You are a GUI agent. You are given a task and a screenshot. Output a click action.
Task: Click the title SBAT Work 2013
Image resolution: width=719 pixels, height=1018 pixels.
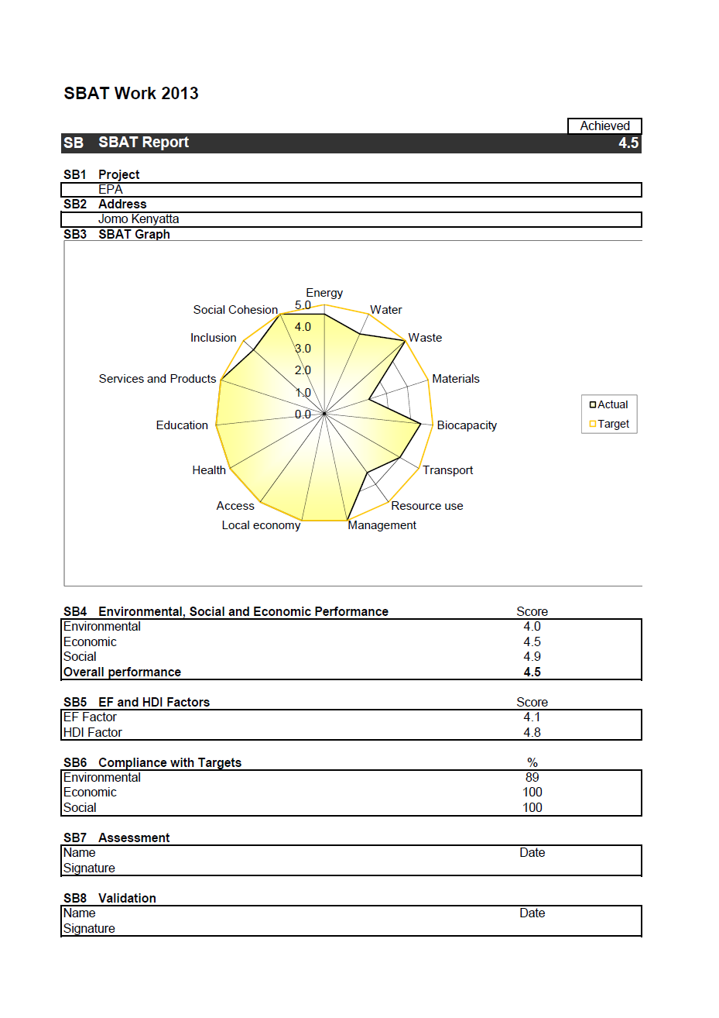point(131,94)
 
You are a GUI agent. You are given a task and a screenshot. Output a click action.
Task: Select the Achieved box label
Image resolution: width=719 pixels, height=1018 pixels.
point(604,126)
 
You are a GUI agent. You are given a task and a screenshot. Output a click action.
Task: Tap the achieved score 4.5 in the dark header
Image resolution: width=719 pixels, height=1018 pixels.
point(628,143)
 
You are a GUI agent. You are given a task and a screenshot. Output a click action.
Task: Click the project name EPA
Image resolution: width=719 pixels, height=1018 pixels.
point(110,190)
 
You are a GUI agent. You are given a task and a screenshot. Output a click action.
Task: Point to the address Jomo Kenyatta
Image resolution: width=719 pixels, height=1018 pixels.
point(139,219)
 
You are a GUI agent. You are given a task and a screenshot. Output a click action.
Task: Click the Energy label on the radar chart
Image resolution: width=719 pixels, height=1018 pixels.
point(324,293)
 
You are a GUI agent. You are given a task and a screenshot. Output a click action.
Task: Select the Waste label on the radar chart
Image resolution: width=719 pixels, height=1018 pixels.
point(425,338)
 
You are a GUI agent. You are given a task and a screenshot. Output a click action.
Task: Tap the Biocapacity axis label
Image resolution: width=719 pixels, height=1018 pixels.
point(467,425)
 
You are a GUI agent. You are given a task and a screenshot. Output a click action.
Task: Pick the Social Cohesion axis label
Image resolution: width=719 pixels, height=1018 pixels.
point(235,310)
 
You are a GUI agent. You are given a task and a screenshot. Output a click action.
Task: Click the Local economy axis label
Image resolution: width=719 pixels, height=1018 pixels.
point(261,525)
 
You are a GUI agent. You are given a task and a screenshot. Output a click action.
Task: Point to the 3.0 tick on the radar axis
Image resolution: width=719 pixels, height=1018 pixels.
point(302,349)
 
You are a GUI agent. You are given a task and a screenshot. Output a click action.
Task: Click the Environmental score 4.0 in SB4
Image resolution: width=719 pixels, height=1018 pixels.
point(532,627)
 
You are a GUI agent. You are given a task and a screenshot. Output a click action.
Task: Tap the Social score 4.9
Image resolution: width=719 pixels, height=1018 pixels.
point(532,657)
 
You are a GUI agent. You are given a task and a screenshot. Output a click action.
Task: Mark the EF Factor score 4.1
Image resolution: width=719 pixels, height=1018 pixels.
point(532,717)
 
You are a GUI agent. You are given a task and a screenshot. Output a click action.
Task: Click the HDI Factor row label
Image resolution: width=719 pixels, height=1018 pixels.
point(93,733)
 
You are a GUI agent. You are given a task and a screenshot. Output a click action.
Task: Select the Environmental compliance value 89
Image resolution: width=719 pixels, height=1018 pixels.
point(532,778)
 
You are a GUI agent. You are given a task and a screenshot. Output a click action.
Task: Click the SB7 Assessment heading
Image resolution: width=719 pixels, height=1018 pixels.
point(116,838)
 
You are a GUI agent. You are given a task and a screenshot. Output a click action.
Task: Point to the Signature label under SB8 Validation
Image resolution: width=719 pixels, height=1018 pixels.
point(89,929)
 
